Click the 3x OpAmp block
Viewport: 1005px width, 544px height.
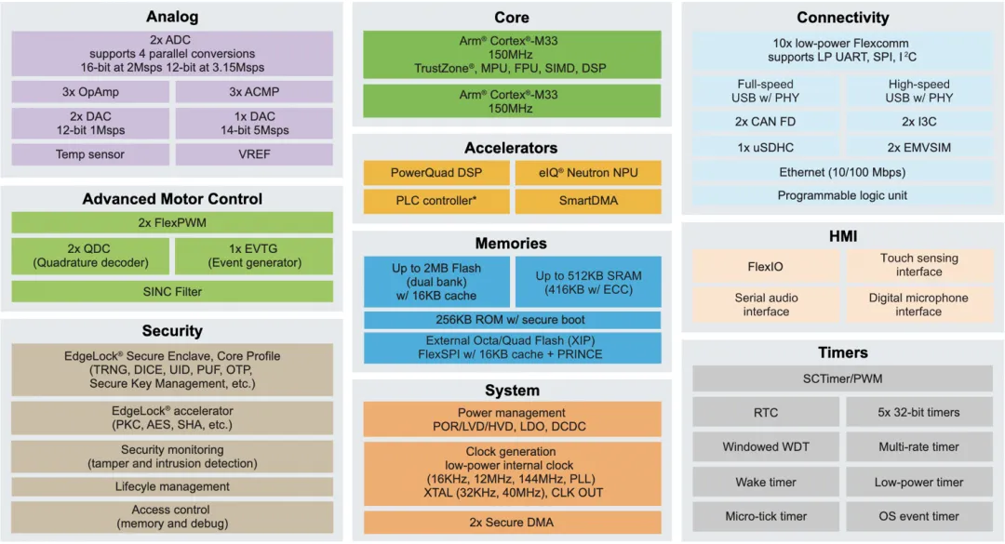click(90, 92)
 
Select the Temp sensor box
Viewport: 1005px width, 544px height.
click(90, 154)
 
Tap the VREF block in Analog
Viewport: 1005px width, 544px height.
click(254, 154)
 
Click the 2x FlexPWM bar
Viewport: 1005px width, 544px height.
click(172, 222)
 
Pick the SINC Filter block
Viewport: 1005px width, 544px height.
click(172, 291)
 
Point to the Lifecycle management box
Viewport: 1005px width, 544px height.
click(172, 486)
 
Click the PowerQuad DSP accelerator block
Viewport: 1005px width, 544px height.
click(436, 173)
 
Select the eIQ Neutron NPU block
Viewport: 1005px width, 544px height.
click(588, 173)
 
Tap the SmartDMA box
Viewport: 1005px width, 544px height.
click(588, 201)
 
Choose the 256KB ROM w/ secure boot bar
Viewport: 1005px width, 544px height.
click(512, 320)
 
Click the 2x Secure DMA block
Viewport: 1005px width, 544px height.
click(512, 523)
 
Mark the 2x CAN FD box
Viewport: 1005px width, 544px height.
click(766, 122)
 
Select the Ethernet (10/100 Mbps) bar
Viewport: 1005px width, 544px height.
click(842, 172)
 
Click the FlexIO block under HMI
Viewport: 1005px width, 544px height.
click(766, 267)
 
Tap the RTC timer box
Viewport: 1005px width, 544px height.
click(766, 412)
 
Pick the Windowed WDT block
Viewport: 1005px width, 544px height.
click(766, 447)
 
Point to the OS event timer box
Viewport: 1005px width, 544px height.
click(918, 516)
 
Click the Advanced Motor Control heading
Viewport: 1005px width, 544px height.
click(172, 199)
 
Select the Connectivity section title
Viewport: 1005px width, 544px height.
click(842, 18)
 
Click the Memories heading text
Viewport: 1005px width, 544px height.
click(512, 244)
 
